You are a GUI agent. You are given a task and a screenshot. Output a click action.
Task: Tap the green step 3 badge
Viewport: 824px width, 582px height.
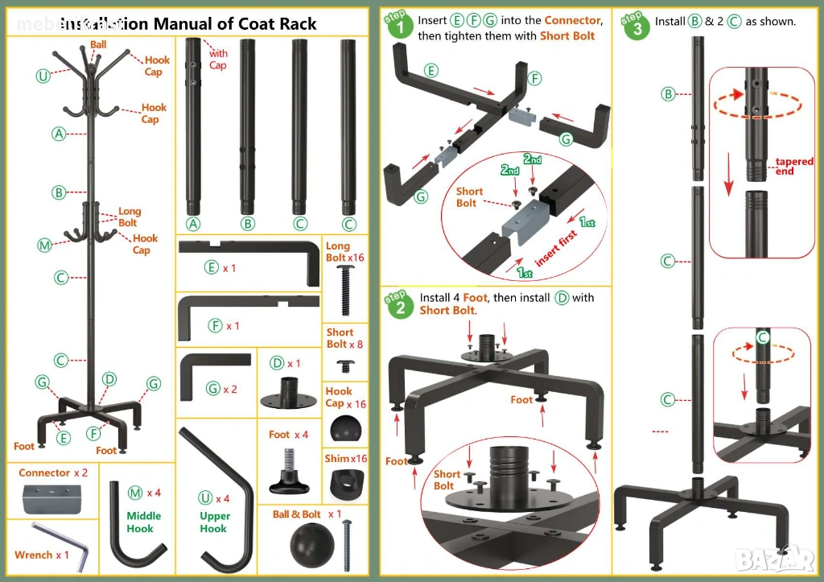pyautogui.click(x=636, y=27)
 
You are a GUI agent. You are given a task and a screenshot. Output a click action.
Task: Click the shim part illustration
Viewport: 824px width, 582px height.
pyautogui.click(x=347, y=484)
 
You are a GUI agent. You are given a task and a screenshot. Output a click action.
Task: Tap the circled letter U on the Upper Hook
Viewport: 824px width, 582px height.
pyautogui.click(x=207, y=498)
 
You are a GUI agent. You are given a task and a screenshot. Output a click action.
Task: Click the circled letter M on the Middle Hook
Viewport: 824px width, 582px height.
pyautogui.click(x=134, y=493)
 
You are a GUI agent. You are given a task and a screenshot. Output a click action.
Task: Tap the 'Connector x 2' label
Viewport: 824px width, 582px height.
pyautogui.click(x=53, y=473)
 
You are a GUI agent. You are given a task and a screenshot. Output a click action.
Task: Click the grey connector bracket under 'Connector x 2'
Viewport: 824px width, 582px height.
pyautogui.click(x=51, y=498)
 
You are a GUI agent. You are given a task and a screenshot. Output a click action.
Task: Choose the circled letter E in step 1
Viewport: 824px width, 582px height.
pyautogui.click(x=432, y=71)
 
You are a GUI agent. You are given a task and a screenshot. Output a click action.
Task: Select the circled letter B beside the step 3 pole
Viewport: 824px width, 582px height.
pyautogui.click(x=668, y=94)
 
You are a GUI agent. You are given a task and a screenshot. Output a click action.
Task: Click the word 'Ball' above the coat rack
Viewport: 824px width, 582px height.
pyautogui.click(x=98, y=45)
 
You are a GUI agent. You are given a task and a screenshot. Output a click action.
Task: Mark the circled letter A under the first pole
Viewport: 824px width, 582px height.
pyautogui.click(x=192, y=224)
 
